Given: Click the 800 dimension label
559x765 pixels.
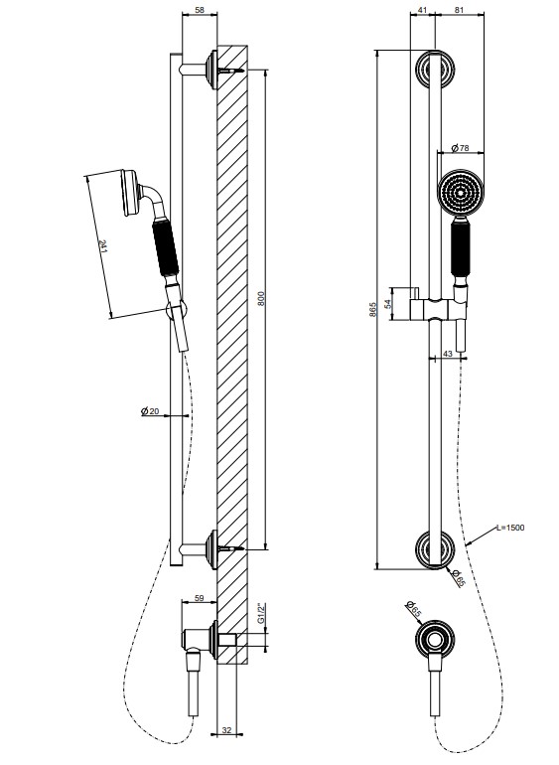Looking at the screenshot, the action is tap(261, 298).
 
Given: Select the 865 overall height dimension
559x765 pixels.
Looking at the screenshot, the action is tap(373, 310).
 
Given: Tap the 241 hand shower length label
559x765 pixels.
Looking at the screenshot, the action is tap(103, 246).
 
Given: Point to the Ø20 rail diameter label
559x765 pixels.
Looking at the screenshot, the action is tap(150, 411).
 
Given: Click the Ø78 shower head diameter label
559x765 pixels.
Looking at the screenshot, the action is tap(460, 147).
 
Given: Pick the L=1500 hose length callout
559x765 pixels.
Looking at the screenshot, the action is tap(510, 528).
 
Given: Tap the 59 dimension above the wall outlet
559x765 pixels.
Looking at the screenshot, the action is tap(199, 598).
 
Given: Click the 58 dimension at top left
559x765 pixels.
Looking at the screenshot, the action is tap(200, 9).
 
